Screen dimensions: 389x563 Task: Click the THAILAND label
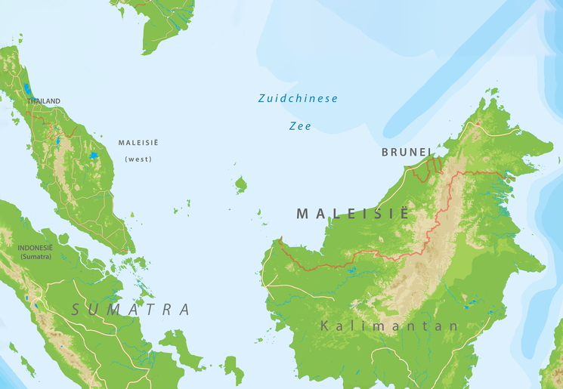pyautogui.click(x=43, y=101)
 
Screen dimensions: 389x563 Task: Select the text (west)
pyautogui.click(x=138, y=159)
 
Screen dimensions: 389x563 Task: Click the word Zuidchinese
pyautogui.click(x=298, y=99)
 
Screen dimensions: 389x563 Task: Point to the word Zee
pyautogui.click(x=300, y=126)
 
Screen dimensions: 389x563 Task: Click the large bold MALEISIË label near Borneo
pyautogui.click(x=351, y=214)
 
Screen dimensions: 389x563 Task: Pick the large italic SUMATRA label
pyautogui.click(x=130, y=310)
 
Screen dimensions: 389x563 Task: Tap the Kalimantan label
pyautogui.click(x=388, y=326)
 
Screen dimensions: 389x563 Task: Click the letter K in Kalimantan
pyautogui.click(x=325, y=326)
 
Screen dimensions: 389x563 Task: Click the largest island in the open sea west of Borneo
pyautogui.click(x=241, y=184)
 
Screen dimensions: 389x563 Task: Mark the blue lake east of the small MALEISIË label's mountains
pyautogui.click(x=94, y=156)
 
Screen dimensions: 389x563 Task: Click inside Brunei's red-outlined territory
pyautogui.click(x=427, y=168)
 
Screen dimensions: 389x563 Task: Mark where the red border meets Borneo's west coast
pyautogui.click(x=280, y=239)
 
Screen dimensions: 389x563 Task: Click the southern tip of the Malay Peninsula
pyautogui.click(x=130, y=252)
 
